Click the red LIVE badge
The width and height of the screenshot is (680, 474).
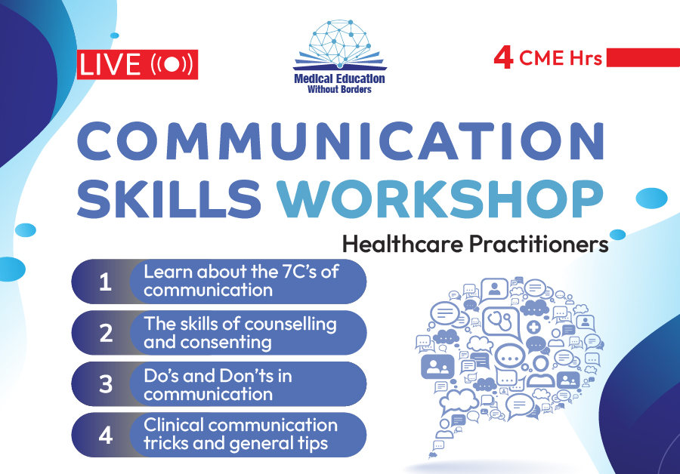point(137,65)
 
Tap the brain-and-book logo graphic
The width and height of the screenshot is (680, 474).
point(339,45)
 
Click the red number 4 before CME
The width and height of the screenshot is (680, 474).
point(503,58)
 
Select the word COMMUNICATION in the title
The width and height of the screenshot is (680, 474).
point(341,142)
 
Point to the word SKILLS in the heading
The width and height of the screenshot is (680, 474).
point(169,199)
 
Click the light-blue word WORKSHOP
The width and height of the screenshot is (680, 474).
point(440,199)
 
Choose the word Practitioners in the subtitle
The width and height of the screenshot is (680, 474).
point(539,245)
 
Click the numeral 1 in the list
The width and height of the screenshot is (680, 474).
point(105,282)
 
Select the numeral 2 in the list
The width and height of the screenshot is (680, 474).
point(106,333)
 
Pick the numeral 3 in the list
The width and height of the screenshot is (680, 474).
point(106,384)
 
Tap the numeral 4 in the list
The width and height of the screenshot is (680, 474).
point(106,435)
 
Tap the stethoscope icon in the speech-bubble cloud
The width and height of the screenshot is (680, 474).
point(501,322)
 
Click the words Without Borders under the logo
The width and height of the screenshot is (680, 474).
point(339,90)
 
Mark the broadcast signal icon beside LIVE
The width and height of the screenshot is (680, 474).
point(172,65)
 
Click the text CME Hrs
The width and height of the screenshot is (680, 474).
point(561,58)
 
